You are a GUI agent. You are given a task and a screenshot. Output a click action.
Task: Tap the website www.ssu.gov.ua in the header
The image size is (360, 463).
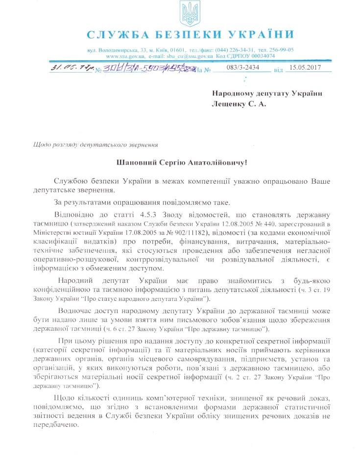[x=119, y=56]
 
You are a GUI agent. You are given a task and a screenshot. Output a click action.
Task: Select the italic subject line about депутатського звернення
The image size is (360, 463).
[x=95, y=145]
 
